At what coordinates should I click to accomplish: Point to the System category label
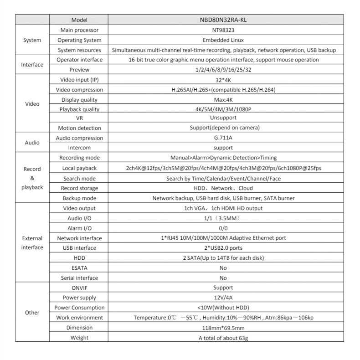[x=32, y=40]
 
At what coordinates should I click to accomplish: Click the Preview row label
[x=79, y=70]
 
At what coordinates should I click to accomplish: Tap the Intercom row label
[x=79, y=148]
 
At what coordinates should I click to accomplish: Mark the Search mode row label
[x=79, y=178]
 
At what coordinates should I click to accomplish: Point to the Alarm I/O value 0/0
[x=223, y=228]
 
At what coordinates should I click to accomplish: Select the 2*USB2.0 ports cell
[x=223, y=248]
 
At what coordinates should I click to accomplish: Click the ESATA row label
[x=79, y=268]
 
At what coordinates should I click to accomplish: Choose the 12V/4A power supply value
[x=223, y=298]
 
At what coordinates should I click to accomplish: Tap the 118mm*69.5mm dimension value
[x=223, y=328]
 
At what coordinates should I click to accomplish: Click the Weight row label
[x=79, y=338]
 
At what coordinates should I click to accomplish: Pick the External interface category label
[x=32, y=243]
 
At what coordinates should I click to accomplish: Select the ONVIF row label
[x=79, y=288]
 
